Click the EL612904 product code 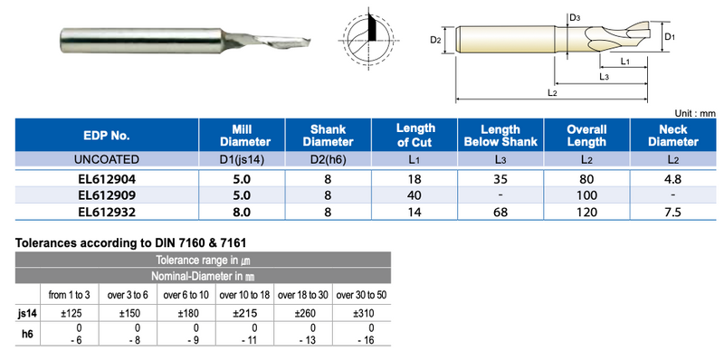point(107,179)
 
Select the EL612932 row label point(107,212)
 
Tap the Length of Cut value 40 point(414,195)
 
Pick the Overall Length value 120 point(586,212)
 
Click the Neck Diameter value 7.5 point(673,212)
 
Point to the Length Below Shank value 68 point(500,212)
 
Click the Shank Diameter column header point(329,136)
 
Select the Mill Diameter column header point(243,136)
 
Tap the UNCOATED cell point(107,160)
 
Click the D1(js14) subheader point(242,160)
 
